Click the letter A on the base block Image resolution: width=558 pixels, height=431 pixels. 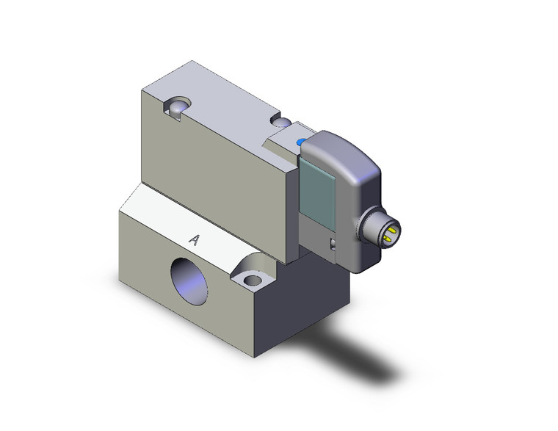pyautogui.click(x=195, y=239)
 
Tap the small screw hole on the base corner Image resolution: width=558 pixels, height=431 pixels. pyautogui.click(x=253, y=280)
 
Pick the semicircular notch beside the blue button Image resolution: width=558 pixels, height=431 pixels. pyautogui.click(x=280, y=120)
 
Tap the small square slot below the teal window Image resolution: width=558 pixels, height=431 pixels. pyautogui.click(x=333, y=245)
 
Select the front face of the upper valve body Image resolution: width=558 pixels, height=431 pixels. pyautogui.click(x=213, y=184)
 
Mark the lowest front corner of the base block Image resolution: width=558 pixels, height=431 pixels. pyautogui.click(x=254, y=356)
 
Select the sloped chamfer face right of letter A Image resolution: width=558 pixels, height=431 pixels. pyautogui.click(x=235, y=250)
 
